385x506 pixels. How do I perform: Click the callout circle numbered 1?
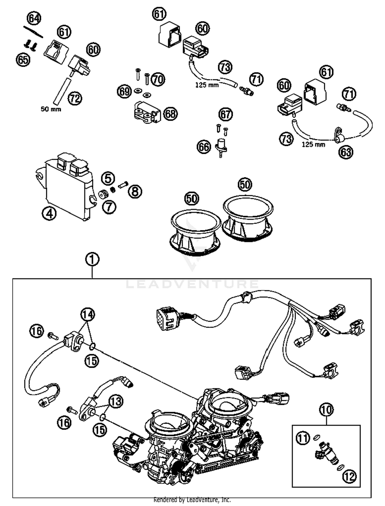click(x=92, y=260)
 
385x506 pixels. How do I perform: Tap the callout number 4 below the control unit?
click(x=49, y=213)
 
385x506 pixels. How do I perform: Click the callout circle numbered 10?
click(x=326, y=410)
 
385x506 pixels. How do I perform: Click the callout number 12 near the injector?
click(x=350, y=477)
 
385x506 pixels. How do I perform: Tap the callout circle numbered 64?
click(x=34, y=18)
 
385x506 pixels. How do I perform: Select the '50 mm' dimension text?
click(x=51, y=109)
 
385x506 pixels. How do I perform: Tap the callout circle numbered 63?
click(x=346, y=152)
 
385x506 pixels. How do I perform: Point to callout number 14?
click(x=88, y=314)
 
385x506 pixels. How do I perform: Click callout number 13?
click(x=116, y=401)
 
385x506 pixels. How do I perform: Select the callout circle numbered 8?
click(x=135, y=191)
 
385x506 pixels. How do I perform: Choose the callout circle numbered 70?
click(x=158, y=79)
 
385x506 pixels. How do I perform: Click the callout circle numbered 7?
click(x=109, y=207)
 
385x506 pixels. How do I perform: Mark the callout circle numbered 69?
click(x=124, y=91)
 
